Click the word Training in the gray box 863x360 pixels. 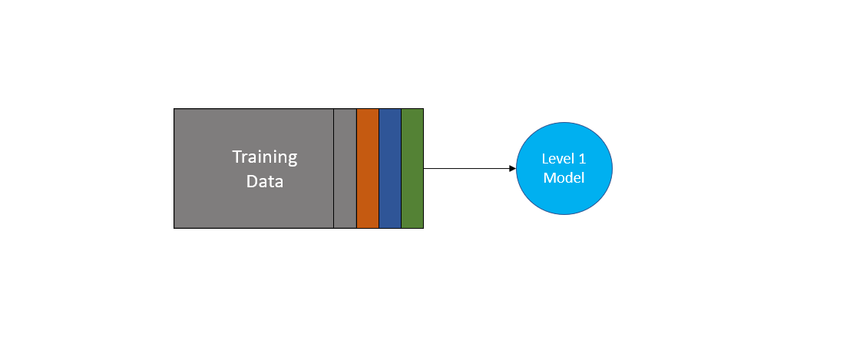[265, 157]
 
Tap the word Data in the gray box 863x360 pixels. [265, 182]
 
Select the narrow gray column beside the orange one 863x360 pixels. [345, 168]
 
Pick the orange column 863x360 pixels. [368, 168]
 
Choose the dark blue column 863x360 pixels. [390, 168]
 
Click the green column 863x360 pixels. [412, 168]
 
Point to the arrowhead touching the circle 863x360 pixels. [512, 168]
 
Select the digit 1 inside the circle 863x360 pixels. [582, 159]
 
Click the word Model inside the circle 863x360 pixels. [564, 177]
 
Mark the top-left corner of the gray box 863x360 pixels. [174, 109]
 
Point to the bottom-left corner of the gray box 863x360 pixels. [174, 228]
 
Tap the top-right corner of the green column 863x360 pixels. [423, 109]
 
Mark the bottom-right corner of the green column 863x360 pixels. [423, 228]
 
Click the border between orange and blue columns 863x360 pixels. [379, 168]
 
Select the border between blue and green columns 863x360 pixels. [402, 168]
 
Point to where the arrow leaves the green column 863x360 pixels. [424, 168]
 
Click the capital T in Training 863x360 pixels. [237, 157]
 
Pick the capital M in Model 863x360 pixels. [549, 177]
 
